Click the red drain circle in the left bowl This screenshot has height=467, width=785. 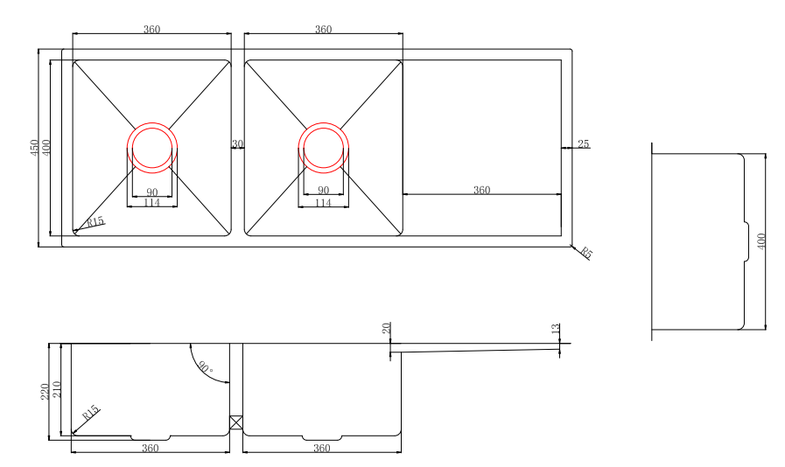tap(153, 145)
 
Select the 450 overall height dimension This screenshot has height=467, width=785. tap(34, 147)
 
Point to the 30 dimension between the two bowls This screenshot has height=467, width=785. tap(237, 143)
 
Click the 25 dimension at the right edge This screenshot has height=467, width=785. tap(583, 143)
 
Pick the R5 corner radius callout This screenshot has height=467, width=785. tap(586, 254)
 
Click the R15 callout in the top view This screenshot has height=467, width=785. tap(95, 222)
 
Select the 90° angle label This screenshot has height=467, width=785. tap(206, 368)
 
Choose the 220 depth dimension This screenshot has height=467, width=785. tap(46, 391)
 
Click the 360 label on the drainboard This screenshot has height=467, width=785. tap(481, 190)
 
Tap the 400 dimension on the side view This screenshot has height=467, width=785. tap(760, 240)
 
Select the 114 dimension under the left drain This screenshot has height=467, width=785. tap(151, 203)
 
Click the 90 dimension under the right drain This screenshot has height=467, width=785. tap(323, 191)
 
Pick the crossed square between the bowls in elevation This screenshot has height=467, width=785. tap(235, 422)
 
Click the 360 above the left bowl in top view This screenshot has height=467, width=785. tap(151, 30)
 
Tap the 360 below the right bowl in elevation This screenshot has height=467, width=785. tap(321, 448)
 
